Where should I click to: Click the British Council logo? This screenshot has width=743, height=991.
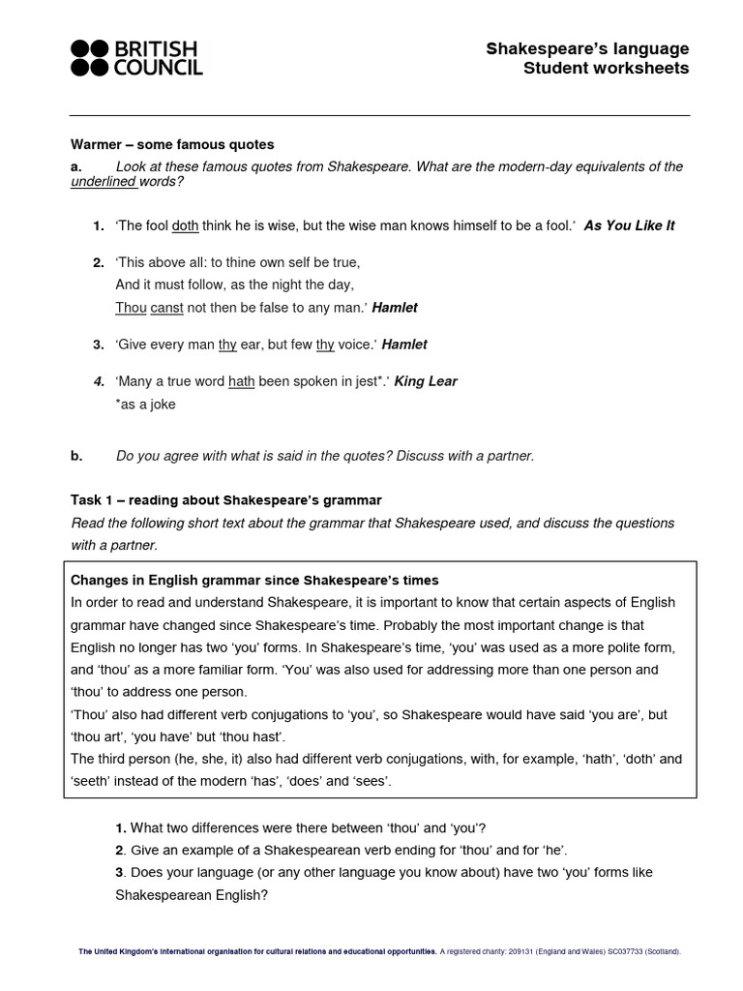coord(136,58)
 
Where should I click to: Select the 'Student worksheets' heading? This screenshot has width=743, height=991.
coord(606,68)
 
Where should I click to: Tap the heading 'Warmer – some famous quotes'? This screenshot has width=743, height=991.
coord(172,145)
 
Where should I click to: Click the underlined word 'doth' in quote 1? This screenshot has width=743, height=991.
coord(185,225)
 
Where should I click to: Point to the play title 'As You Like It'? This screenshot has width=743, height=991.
coord(629,225)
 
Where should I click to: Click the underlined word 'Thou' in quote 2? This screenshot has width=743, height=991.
coord(131,307)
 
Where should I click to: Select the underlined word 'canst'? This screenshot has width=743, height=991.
coord(167,307)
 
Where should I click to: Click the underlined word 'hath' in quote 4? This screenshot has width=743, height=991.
coord(241,381)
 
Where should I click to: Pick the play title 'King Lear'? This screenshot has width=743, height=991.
coord(426,381)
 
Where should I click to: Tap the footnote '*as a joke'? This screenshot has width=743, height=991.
coord(145,405)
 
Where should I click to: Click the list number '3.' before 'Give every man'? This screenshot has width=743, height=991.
coord(99,345)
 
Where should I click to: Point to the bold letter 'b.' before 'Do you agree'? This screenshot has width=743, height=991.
coord(76,455)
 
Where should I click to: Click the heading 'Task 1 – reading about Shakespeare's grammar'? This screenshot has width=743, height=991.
coord(226,500)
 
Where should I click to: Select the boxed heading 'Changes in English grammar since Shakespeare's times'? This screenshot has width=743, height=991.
coord(255,580)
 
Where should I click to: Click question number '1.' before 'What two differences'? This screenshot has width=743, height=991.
coord(121,827)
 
